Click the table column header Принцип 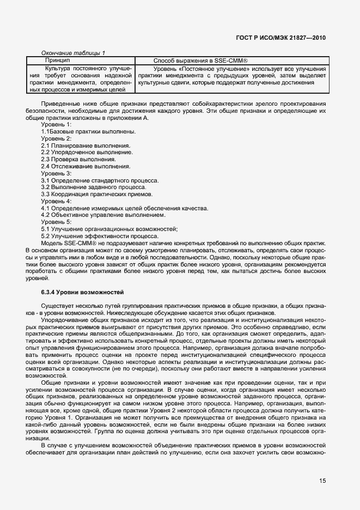[57, 60]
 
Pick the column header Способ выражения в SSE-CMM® [200, 60]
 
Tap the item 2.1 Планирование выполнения [86, 145]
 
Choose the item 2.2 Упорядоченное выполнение [87, 153]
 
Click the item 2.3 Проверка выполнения [78, 159]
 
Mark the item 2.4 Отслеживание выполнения [86, 166]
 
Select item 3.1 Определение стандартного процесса [100, 180]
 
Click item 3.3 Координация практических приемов [97, 194]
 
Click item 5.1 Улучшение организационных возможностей [109, 229]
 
